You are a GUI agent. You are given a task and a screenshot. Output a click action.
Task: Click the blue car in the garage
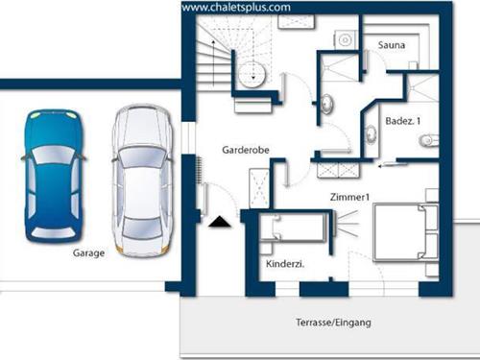click(x=54, y=176)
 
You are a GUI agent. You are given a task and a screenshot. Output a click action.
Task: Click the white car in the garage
click(x=142, y=180)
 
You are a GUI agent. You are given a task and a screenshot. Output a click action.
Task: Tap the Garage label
click(x=88, y=253)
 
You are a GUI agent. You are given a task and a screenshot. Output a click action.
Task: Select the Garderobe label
click(x=246, y=150)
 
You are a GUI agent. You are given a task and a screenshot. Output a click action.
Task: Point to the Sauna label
click(x=392, y=45)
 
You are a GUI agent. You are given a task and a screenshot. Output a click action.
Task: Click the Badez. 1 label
click(x=402, y=121)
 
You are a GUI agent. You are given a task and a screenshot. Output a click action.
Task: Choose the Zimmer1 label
click(x=349, y=197)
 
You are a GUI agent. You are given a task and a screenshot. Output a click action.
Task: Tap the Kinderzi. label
click(x=285, y=264)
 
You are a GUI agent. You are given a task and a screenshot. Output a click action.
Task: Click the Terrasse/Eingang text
click(x=333, y=323)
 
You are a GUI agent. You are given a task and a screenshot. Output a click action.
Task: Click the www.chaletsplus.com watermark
click(x=236, y=8)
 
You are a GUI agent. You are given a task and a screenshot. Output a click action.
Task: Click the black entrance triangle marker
click(x=220, y=222)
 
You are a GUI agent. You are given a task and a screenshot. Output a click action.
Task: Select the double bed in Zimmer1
click(x=406, y=233)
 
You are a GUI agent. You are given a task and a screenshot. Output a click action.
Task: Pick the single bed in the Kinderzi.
click(x=293, y=228)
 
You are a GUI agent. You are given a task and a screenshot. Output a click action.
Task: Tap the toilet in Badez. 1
click(x=428, y=140)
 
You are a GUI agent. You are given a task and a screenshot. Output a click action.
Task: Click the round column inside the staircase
click(x=253, y=74)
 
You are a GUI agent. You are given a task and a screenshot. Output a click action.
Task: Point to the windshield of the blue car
click(x=53, y=156)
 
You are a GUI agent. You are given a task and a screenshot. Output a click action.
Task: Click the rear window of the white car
click(x=142, y=228)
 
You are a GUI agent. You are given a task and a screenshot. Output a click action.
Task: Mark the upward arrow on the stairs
click(x=213, y=62)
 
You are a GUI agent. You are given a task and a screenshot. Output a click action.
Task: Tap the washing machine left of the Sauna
click(x=346, y=40)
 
